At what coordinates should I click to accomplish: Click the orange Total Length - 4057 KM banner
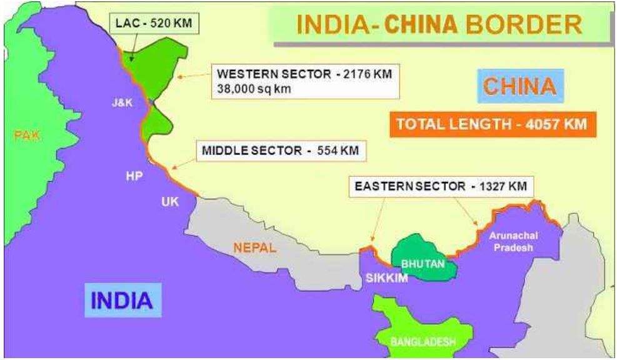tap(491, 124)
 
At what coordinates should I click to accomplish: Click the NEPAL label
tap(254, 248)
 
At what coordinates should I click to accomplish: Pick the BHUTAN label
tap(423, 264)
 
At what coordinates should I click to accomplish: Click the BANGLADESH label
tap(423, 341)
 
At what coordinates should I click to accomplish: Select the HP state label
tap(134, 176)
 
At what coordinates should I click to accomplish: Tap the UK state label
tap(170, 201)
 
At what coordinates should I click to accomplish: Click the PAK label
tap(27, 135)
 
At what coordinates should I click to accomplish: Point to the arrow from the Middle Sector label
tap(182, 162)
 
